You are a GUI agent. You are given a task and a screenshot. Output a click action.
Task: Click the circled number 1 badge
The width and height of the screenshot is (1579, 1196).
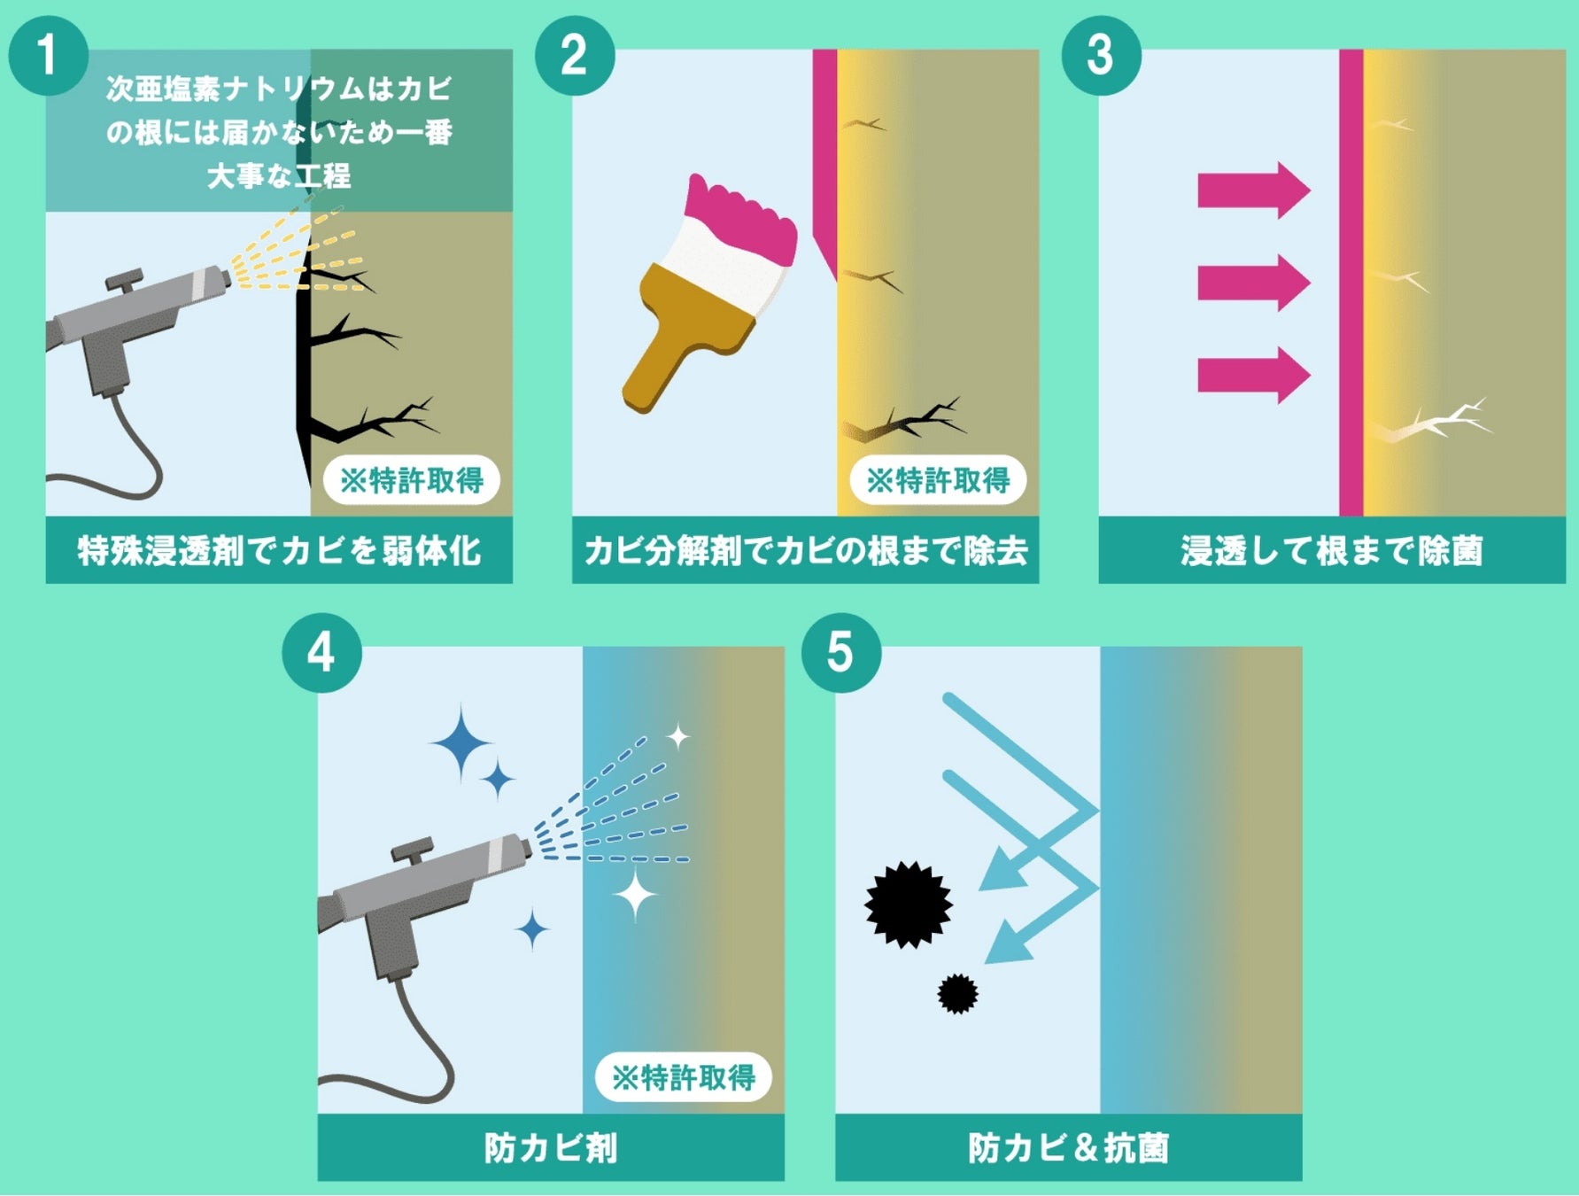pyautogui.click(x=48, y=55)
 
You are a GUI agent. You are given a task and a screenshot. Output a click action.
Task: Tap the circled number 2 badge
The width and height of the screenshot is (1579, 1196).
pyautogui.click(x=575, y=55)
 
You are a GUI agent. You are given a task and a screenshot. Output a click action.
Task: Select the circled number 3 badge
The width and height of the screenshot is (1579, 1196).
pyautogui.click(x=1101, y=55)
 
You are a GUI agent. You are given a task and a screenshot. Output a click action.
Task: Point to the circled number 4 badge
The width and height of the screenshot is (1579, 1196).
pyautogui.click(x=321, y=653)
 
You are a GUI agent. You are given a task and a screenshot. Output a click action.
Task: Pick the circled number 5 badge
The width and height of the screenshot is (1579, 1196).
pyautogui.click(x=840, y=653)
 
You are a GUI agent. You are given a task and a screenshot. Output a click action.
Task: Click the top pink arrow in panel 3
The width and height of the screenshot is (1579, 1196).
pyautogui.click(x=1253, y=190)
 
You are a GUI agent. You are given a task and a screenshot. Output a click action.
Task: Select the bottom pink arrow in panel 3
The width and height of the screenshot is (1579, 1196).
pyautogui.click(x=1253, y=375)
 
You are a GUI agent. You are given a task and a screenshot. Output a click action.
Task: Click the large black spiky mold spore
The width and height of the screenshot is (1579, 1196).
pyautogui.click(x=909, y=905)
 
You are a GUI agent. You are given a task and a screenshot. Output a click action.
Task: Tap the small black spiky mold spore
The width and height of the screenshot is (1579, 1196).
pyautogui.click(x=957, y=994)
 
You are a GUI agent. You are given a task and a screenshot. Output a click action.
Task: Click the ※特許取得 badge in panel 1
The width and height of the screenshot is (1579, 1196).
pyautogui.click(x=411, y=480)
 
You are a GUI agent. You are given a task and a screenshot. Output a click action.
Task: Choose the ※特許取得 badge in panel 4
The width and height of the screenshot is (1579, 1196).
pyautogui.click(x=683, y=1077)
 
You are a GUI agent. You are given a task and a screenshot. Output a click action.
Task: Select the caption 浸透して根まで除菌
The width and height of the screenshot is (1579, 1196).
pyautogui.click(x=1332, y=550)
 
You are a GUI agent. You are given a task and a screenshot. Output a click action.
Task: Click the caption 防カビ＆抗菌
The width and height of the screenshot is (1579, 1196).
pyautogui.click(x=1069, y=1148)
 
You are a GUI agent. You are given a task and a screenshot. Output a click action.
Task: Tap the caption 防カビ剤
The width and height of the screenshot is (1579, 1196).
pyautogui.click(x=551, y=1148)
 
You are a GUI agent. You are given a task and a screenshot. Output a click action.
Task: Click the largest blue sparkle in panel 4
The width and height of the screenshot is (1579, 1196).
pyautogui.click(x=461, y=743)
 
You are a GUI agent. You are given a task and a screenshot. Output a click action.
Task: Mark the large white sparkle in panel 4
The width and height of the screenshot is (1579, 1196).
pyautogui.click(x=636, y=895)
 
